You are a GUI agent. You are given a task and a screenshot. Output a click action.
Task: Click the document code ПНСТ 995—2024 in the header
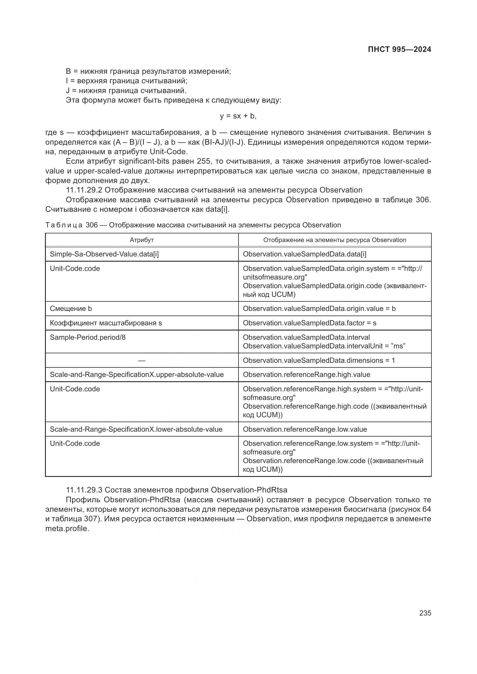coord(399,49)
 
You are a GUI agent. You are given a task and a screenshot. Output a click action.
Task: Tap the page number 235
coord(425,613)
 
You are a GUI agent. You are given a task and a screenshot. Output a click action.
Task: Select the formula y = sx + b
coord(238,116)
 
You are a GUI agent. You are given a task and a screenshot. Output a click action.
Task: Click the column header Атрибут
coord(142,240)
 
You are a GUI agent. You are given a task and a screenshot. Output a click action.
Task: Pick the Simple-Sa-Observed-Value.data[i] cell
coord(104,254)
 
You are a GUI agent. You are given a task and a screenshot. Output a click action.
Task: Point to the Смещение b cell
coord(71,309)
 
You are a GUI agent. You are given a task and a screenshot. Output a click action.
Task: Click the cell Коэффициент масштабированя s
coord(106,323)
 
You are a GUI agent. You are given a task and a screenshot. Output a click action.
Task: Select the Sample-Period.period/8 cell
coord(88,337)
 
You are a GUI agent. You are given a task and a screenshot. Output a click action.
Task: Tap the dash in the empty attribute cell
coord(142,360)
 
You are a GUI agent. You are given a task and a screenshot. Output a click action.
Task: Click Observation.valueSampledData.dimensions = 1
coord(319,360)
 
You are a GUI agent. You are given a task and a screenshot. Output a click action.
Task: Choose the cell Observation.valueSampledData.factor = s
coord(309,323)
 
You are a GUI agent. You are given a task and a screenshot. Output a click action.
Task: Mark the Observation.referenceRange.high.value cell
coord(306,375)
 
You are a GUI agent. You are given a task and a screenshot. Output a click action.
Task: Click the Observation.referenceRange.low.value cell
coord(305,429)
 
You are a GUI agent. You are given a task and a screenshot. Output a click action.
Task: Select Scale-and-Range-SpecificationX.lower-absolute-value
coord(136,429)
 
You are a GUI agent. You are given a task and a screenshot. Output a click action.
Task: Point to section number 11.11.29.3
coord(84,490)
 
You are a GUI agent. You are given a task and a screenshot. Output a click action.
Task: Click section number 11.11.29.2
coord(84,190)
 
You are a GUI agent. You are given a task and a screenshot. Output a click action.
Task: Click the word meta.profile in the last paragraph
coord(67,529)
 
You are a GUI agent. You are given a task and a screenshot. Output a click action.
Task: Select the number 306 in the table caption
coord(92,225)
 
